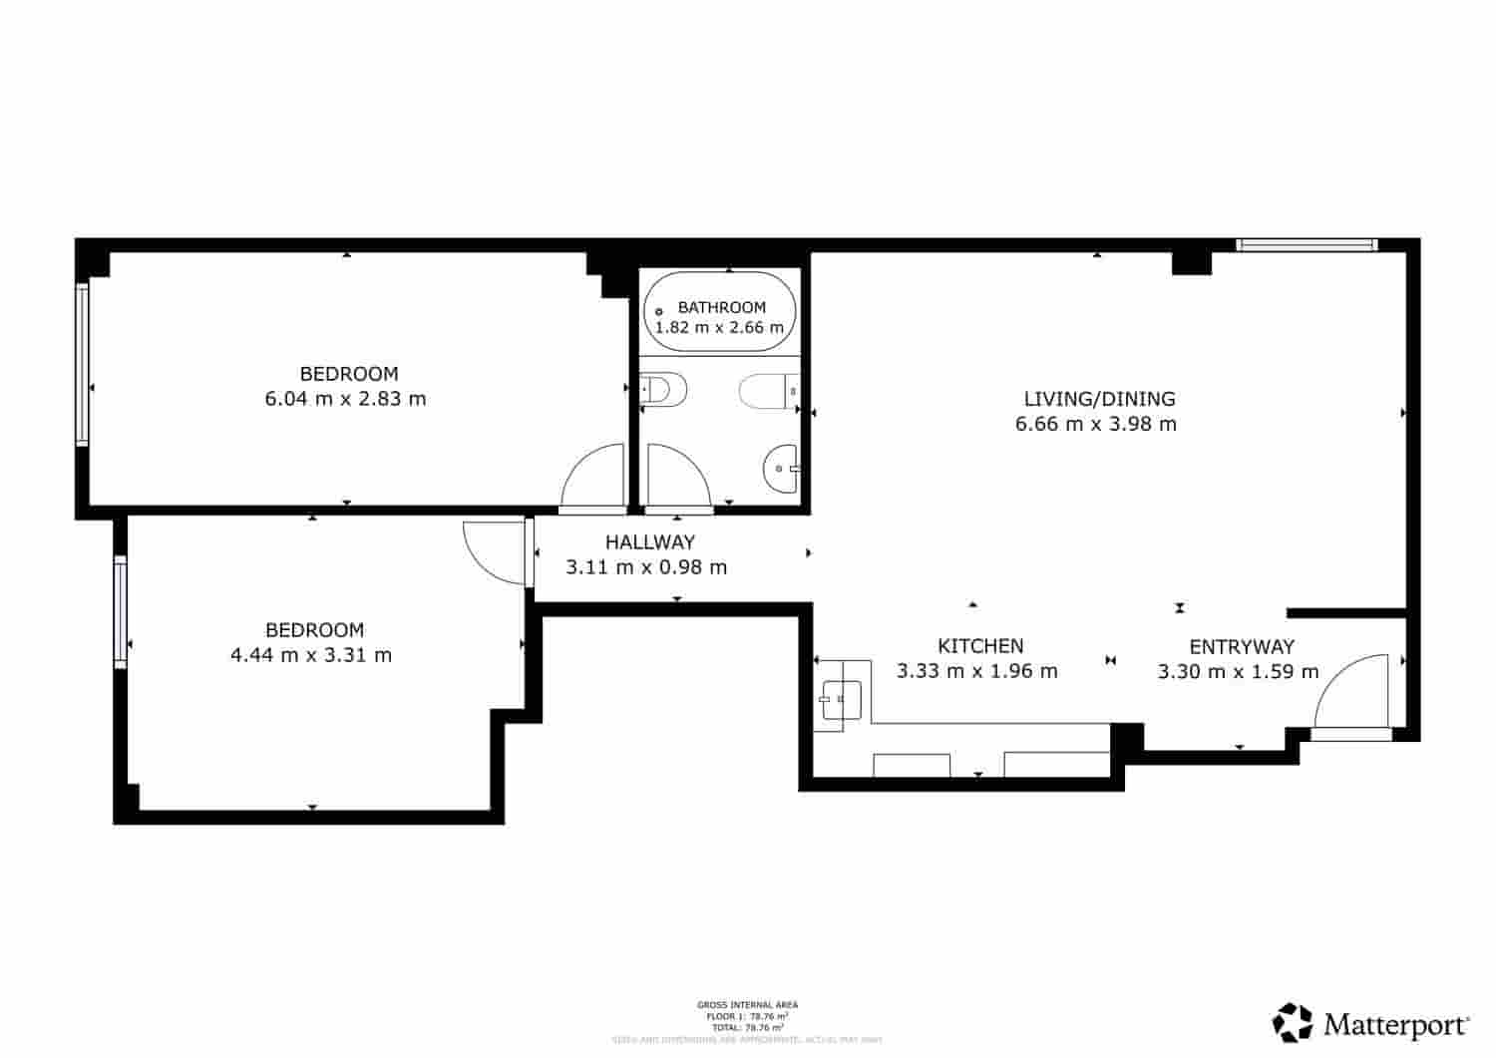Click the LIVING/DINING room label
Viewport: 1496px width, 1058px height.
1099,399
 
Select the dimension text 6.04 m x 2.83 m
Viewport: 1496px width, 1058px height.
345,399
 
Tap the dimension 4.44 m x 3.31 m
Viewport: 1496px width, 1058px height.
311,655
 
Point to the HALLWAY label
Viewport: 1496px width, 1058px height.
649,542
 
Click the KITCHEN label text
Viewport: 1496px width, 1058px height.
980,646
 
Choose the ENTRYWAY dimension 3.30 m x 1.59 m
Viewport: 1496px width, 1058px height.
1238,671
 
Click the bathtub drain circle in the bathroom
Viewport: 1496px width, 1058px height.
659,312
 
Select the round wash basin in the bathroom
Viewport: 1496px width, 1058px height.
782,468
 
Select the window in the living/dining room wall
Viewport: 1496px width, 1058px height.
1307,244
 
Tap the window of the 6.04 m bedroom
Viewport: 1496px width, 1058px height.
83,364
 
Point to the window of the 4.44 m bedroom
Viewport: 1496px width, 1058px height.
121,611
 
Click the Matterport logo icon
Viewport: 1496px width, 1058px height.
1294,1022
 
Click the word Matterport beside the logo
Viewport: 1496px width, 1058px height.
1396,1024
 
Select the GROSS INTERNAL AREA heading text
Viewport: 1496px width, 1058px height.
747,1005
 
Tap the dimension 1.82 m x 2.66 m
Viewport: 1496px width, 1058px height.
719,327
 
